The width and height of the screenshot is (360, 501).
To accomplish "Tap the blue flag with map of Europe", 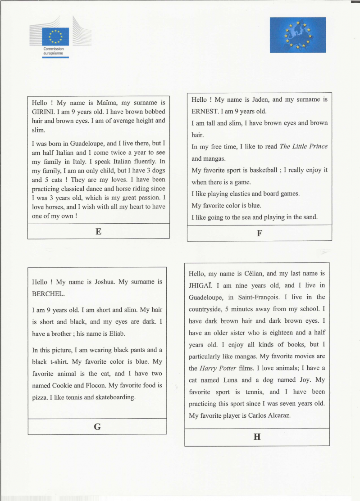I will [297, 35].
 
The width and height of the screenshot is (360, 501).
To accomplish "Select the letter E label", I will [98, 231].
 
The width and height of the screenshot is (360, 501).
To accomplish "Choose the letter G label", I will [97, 427].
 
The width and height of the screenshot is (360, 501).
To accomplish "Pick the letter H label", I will [257, 437].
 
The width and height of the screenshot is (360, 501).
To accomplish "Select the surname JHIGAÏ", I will [201, 285].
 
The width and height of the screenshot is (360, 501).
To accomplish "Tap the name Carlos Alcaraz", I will [269, 415].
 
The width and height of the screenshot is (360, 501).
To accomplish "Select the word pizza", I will [41, 397].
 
